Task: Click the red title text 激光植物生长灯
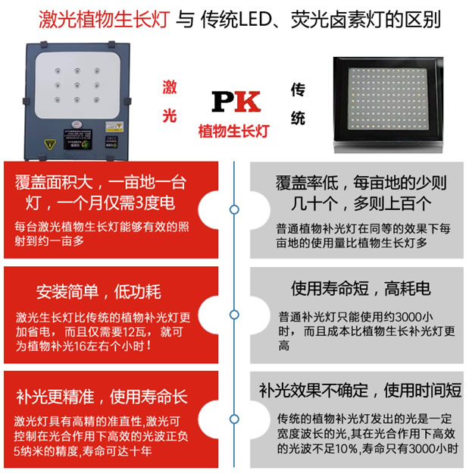[105, 20]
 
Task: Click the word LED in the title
[255, 20]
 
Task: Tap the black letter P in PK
[224, 102]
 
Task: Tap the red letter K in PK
[248, 102]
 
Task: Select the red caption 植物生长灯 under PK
[233, 131]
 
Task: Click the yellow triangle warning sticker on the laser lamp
[50, 144]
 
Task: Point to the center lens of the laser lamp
[77, 86]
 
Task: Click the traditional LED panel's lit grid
[388, 99]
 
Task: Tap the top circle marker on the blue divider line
[234, 209]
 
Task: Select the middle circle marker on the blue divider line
[234, 315]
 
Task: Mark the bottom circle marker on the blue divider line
[234, 419]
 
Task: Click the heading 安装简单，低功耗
[98, 292]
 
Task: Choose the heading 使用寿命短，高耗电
[361, 288]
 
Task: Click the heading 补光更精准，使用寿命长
[102, 397]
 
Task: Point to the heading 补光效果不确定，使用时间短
[360, 391]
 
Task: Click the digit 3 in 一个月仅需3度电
[139, 202]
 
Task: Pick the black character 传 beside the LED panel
[298, 89]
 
